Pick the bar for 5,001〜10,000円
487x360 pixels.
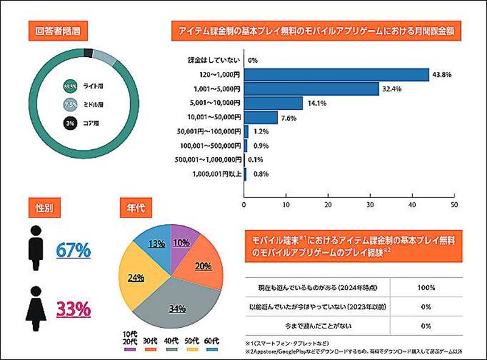(273, 103)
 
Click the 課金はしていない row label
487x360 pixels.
(214, 60)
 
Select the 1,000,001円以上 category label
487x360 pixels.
(210, 174)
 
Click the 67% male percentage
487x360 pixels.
(73, 250)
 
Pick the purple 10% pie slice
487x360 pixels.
(183, 241)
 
